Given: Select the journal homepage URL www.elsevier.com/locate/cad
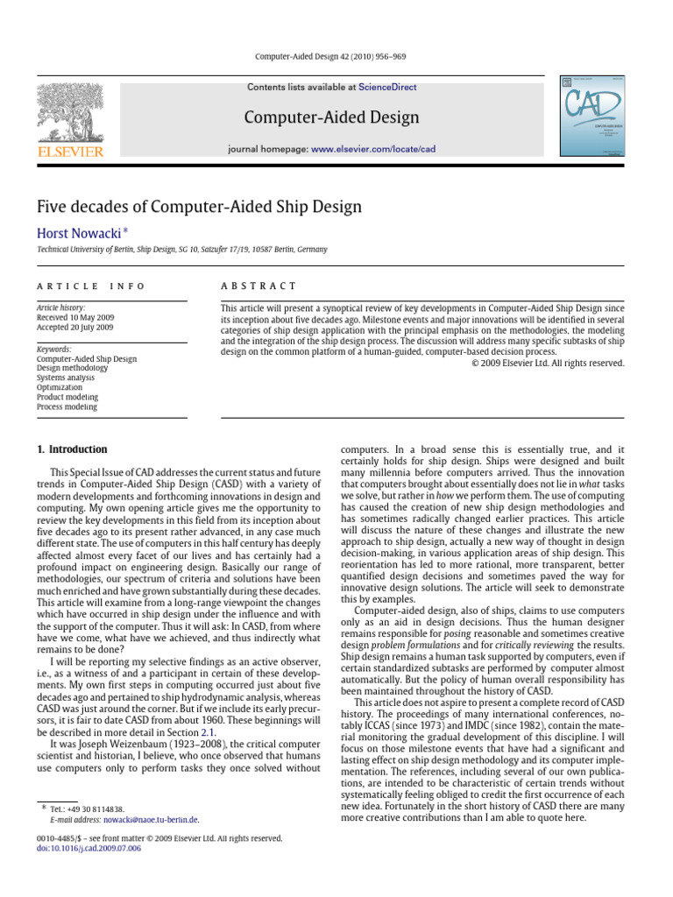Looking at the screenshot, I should [x=373, y=150].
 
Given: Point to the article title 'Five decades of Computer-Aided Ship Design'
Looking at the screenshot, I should [x=199, y=207].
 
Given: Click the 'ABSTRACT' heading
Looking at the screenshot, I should [x=259, y=286].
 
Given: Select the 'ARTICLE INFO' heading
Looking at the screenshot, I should [x=90, y=286].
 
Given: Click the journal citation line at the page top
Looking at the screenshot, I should [x=336, y=57].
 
